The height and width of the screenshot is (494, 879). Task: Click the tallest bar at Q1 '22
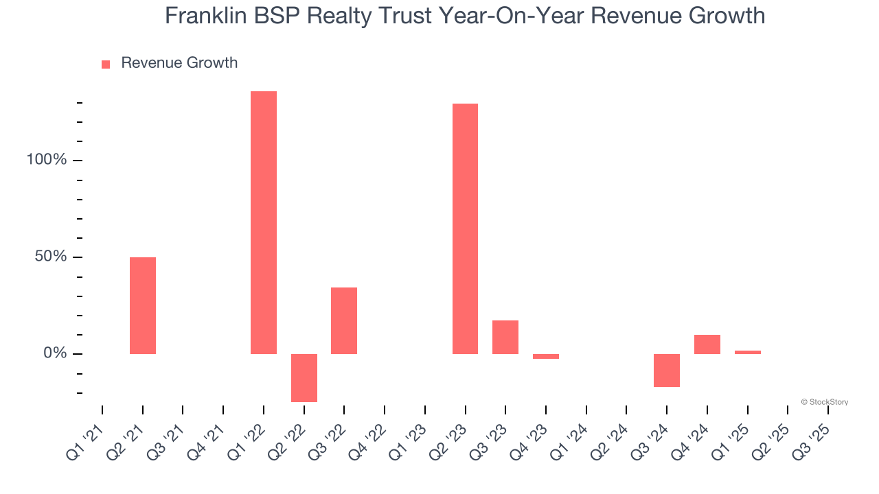coord(264,222)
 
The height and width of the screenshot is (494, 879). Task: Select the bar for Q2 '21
coord(143,305)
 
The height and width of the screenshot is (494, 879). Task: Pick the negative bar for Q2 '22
coord(304,377)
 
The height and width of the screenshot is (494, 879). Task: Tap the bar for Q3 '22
coord(344,320)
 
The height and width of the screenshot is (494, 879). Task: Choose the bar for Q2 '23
coord(465,228)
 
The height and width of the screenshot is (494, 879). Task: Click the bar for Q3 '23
coord(505,337)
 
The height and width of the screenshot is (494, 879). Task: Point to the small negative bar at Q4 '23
coord(546,357)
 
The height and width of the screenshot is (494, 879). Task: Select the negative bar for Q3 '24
coord(667,370)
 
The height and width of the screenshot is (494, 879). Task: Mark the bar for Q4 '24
coord(707,344)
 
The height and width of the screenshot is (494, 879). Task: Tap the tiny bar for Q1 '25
coord(748,352)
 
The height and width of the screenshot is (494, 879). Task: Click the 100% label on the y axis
coord(47,160)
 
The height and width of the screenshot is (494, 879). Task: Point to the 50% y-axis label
coord(51,257)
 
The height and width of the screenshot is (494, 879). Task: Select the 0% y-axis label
coord(55,353)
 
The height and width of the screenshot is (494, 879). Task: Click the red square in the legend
coord(106,64)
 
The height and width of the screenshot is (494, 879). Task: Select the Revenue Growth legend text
coord(179,63)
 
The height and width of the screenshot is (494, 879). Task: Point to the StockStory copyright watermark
coord(824,402)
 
